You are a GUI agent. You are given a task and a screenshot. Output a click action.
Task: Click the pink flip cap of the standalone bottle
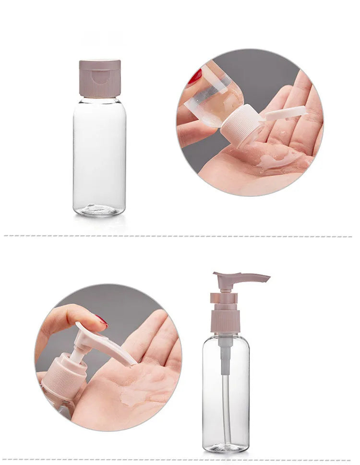click(x=100, y=78)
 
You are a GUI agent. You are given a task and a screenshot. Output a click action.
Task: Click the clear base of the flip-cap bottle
click(x=99, y=209)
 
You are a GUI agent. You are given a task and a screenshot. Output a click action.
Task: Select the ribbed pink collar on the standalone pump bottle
click(x=225, y=321)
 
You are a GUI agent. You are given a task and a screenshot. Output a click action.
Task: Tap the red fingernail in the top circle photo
click(x=195, y=76)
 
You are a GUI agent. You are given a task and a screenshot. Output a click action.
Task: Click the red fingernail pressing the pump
click(x=102, y=320)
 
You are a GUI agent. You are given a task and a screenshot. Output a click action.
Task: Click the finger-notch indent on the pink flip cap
click(x=100, y=76)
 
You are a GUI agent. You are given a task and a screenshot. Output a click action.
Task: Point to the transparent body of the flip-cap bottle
click(x=99, y=154)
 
